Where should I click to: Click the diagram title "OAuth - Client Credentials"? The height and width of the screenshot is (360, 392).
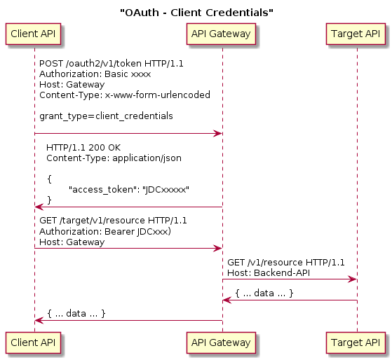(x=196, y=12)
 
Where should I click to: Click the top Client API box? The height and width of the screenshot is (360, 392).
(x=34, y=32)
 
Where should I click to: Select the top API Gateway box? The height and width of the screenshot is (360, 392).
(x=222, y=32)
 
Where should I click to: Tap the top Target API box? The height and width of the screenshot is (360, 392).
(x=356, y=32)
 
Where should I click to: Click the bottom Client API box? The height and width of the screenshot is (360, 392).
(x=34, y=342)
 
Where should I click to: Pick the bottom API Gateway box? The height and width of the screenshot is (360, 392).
(x=222, y=342)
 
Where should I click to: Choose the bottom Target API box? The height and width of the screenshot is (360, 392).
(x=356, y=342)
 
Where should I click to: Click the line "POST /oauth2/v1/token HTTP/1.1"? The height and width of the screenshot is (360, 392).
(x=111, y=63)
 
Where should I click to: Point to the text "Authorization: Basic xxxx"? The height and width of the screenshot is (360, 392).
(x=95, y=74)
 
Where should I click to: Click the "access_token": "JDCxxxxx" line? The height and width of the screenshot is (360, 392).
(x=129, y=189)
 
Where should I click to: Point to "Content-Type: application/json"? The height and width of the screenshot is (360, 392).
(x=114, y=158)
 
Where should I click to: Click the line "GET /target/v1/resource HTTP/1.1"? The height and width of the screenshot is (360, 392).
(x=113, y=221)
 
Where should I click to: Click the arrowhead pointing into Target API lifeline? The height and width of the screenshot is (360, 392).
(x=353, y=279)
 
